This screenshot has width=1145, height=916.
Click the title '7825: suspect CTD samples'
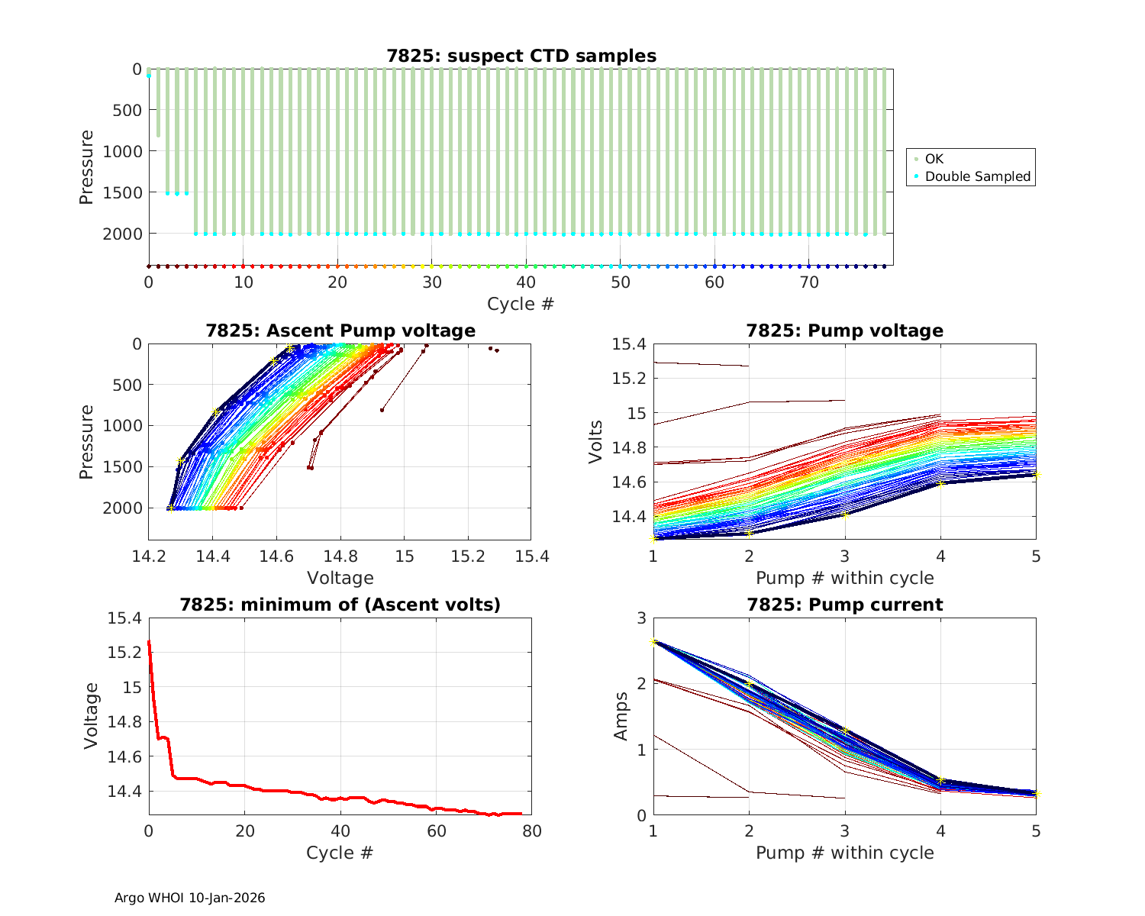tap(521, 56)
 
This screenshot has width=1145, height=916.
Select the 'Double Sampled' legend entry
tap(977, 176)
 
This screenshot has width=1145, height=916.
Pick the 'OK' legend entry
tap(934, 159)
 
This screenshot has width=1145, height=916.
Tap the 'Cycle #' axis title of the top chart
tap(521, 304)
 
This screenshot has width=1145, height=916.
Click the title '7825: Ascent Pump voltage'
tap(340, 331)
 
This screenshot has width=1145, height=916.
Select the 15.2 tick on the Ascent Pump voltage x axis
tap(468, 556)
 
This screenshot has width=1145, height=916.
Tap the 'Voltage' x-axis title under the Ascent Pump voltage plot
tap(340, 578)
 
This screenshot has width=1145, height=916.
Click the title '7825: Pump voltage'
tap(844, 331)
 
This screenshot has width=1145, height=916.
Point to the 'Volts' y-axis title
tap(596, 442)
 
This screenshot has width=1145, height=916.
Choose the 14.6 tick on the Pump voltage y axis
tap(628, 482)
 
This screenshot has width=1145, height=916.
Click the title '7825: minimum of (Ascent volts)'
tap(340, 605)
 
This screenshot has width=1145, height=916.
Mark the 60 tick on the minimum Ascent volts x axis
tap(436, 831)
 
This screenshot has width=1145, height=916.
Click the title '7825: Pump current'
tap(844, 605)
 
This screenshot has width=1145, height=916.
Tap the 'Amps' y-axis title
tap(622, 716)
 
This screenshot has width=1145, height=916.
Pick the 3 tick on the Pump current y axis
tap(640, 618)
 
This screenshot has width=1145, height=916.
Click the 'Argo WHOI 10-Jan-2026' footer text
tap(189, 898)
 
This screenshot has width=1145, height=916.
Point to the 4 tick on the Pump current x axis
tap(940, 831)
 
